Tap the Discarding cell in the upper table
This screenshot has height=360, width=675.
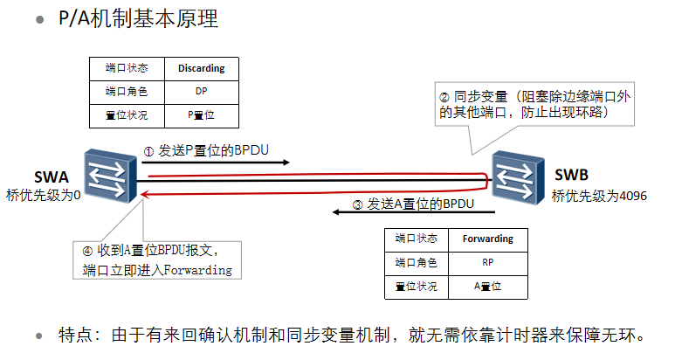[x=201, y=68]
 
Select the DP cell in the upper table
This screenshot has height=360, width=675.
[x=201, y=91]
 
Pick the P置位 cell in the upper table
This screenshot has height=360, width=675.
[x=201, y=114]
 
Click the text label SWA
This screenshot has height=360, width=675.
[x=51, y=177]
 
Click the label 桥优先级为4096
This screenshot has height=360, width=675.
[x=599, y=197]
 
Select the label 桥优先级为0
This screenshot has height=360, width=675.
[x=43, y=195]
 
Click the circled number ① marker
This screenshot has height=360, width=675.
[x=148, y=150]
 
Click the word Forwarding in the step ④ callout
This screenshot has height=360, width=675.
[x=196, y=270]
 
